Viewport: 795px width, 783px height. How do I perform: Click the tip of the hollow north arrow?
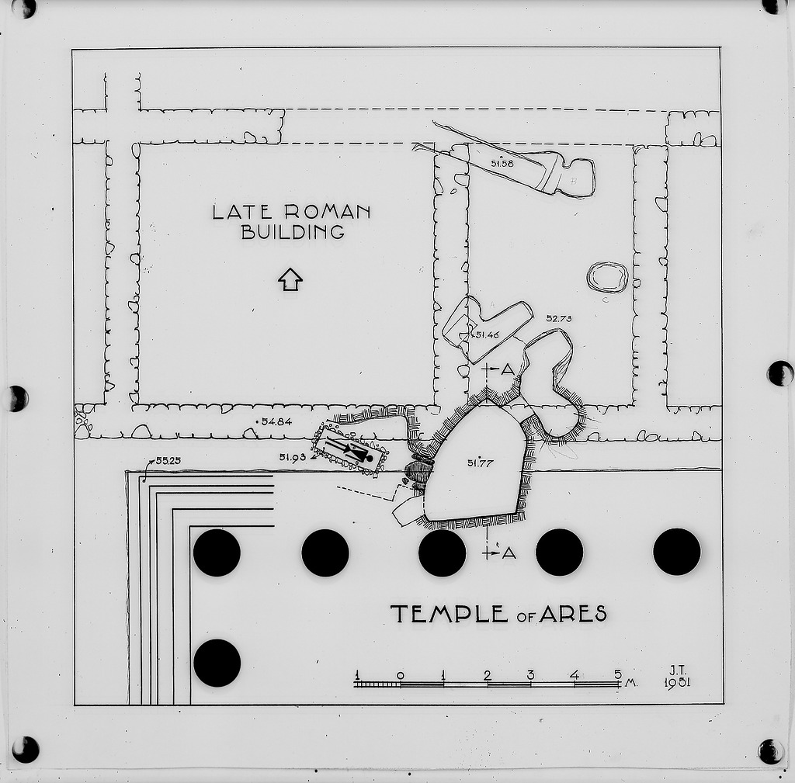[290, 268]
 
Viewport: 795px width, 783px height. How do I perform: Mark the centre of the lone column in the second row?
[217, 663]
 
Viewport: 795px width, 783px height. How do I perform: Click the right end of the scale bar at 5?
[620, 684]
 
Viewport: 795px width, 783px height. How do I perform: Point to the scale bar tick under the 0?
[401, 684]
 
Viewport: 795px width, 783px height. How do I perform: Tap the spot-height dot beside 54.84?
[258, 421]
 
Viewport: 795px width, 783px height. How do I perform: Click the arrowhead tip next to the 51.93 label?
[312, 458]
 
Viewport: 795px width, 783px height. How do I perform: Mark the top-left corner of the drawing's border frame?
[72, 49]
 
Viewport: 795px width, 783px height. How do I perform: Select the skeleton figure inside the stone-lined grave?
[349, 449]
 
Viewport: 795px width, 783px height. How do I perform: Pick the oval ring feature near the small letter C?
[607, 277]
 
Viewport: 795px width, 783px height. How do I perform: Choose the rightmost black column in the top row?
[677, 552]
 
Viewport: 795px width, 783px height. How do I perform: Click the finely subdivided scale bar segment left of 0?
[379, 684]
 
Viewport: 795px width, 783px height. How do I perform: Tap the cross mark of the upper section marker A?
[487, 369]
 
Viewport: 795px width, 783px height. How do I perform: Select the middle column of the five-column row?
[442, 553]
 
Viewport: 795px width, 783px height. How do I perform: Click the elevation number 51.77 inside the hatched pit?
[480, 463]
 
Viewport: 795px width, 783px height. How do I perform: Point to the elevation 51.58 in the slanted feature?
[502, 163]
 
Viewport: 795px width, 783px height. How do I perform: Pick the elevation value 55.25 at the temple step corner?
[168, 461]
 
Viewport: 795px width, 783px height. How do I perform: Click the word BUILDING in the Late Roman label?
[293, 232]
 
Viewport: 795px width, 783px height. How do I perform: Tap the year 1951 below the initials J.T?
[677, 683]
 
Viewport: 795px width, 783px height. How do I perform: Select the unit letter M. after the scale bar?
[630, 683]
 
